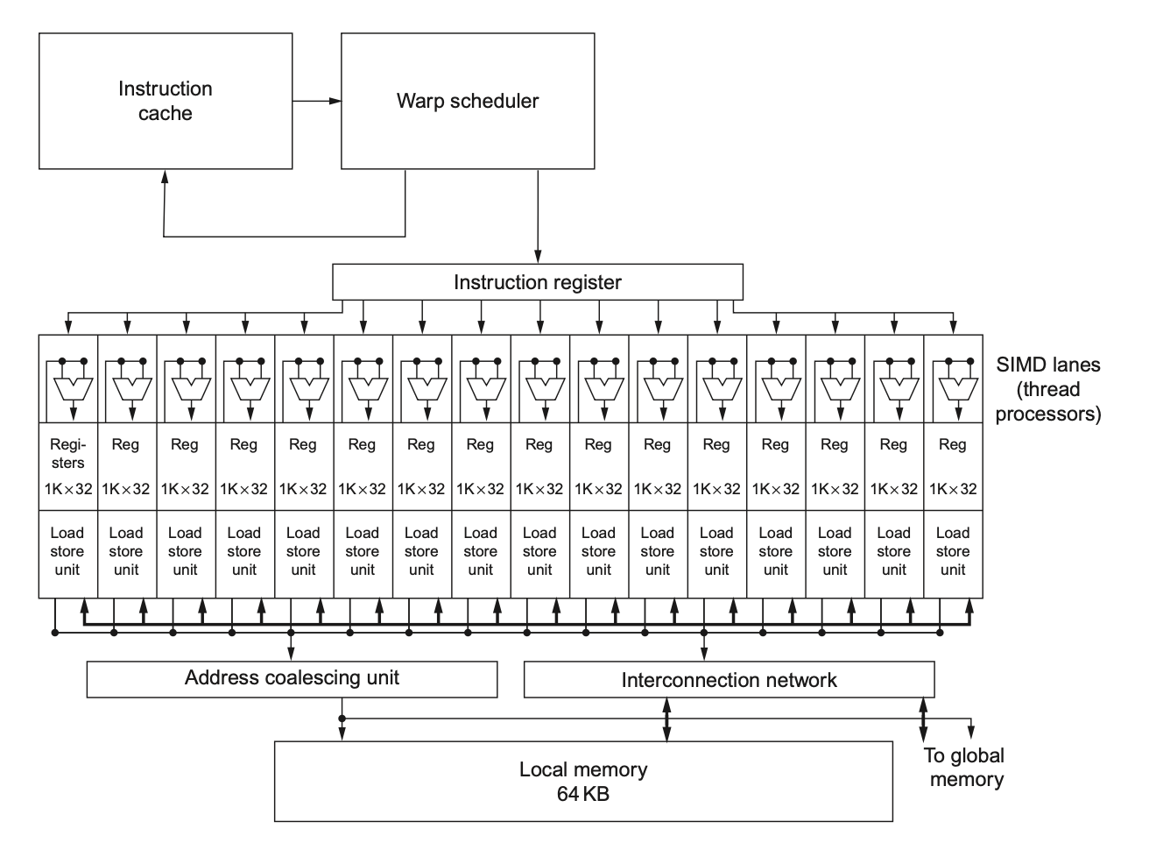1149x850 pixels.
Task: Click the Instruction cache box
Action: pos(166,101)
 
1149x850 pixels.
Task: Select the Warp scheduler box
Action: pos(468,101)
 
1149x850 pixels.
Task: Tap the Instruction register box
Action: pos(537,282)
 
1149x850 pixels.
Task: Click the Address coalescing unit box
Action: pos(292,678)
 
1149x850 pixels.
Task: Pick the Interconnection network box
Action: pos(729,680)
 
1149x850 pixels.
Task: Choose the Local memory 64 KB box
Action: pos(583,782)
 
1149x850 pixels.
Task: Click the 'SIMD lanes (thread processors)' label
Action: pos(1047,389)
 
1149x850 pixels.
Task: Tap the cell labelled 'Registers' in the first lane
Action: pos(67,454)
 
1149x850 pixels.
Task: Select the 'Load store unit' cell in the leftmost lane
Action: pos(67,551)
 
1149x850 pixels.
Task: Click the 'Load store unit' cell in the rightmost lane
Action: pos(953,551)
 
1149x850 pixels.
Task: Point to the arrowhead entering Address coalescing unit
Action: pos(292,654)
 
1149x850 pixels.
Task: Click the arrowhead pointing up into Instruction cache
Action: pos(164,176)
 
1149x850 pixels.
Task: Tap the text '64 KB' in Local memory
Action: pos(583,795)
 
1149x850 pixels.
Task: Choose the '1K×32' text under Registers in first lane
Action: pos(68,489)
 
